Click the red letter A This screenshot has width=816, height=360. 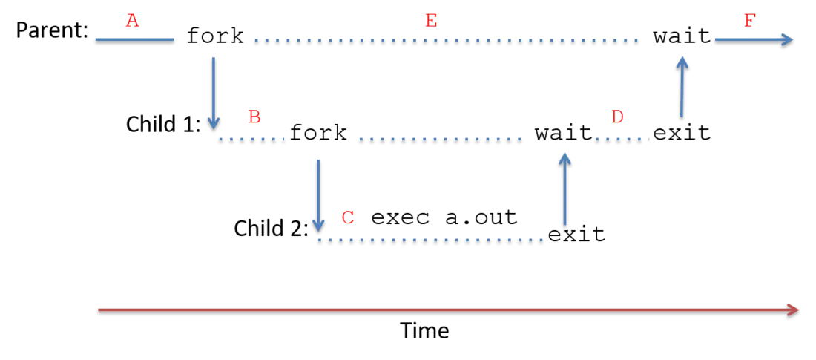click(134, 21)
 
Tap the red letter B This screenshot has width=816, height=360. click(254, 117)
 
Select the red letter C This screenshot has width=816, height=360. click(348, 217)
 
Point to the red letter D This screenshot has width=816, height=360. click(617, 117)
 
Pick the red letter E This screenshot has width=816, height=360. click(431, 21)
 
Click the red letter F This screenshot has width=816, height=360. click(751, 21)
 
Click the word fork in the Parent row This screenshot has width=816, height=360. click(215, 36)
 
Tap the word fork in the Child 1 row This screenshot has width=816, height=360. click(318, 133)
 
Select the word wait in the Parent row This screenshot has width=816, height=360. click(682, 36)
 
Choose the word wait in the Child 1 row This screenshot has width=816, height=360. click(564, 133)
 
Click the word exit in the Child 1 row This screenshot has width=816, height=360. click(682, 133)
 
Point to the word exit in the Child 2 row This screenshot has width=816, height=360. click(577, 234)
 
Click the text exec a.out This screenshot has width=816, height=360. click(445, 217)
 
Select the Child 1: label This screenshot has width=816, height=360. click(163, 125)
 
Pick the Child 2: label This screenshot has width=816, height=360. click(272, 228)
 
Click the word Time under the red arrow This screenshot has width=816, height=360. click(424, 330)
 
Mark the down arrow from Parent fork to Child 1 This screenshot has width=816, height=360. click(214, 93)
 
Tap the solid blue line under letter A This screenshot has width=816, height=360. click(135, 39)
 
